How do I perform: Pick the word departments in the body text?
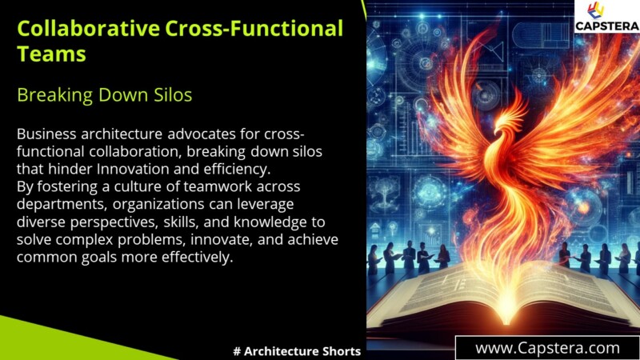coord(57,203)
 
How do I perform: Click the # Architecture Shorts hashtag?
coord(296,351)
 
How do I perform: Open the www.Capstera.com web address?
coord(547,348)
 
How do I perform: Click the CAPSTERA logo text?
coord(607,26)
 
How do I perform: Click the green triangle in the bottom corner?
coord(48,340)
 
